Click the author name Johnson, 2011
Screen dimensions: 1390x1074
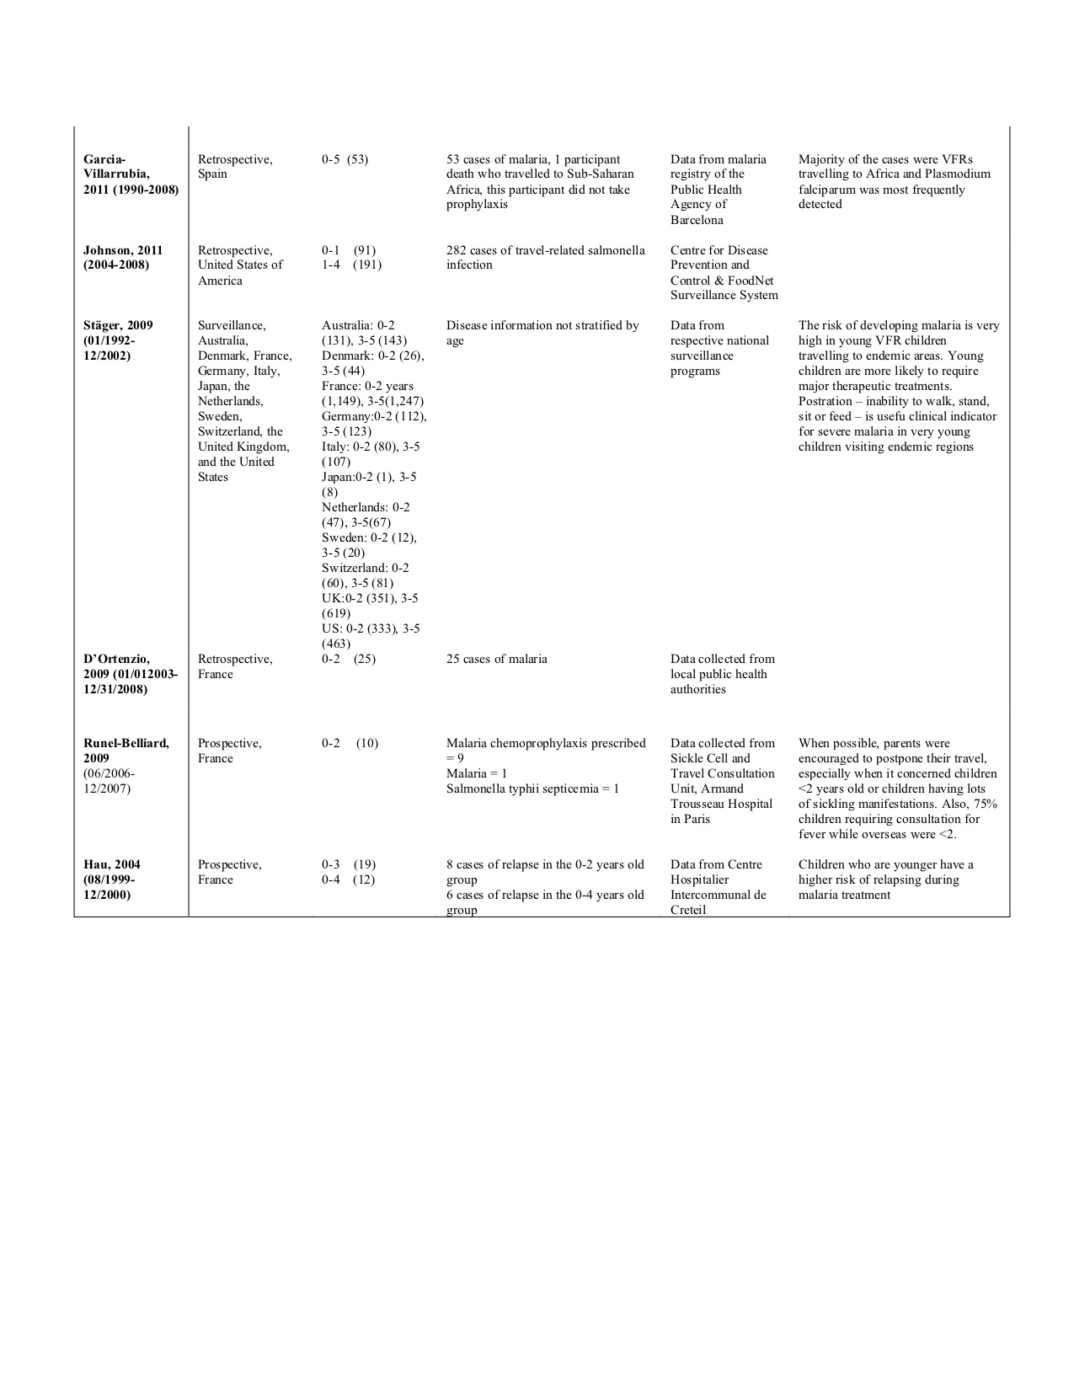coord(123,250)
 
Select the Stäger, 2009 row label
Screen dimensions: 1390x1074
coord(118,325)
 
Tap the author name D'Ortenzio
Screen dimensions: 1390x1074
coord(116,659)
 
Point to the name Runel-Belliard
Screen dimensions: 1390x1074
coord(126,743)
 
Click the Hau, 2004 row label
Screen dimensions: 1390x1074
coord(112,864)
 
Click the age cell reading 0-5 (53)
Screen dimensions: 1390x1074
coord(345,159)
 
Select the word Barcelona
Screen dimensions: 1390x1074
coord(697,220)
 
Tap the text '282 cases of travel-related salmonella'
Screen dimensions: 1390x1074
coord(545,250)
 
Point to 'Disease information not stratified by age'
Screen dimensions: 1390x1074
coord(542,333)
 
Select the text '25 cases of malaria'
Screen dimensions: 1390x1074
coord(496,659)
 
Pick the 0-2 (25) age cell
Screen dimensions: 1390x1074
coord(348,659)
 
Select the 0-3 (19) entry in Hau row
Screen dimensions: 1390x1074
coord(348,864)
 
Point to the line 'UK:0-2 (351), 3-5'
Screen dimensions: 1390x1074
coord(369,598)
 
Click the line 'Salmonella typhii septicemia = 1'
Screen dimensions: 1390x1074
coord(532,789)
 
